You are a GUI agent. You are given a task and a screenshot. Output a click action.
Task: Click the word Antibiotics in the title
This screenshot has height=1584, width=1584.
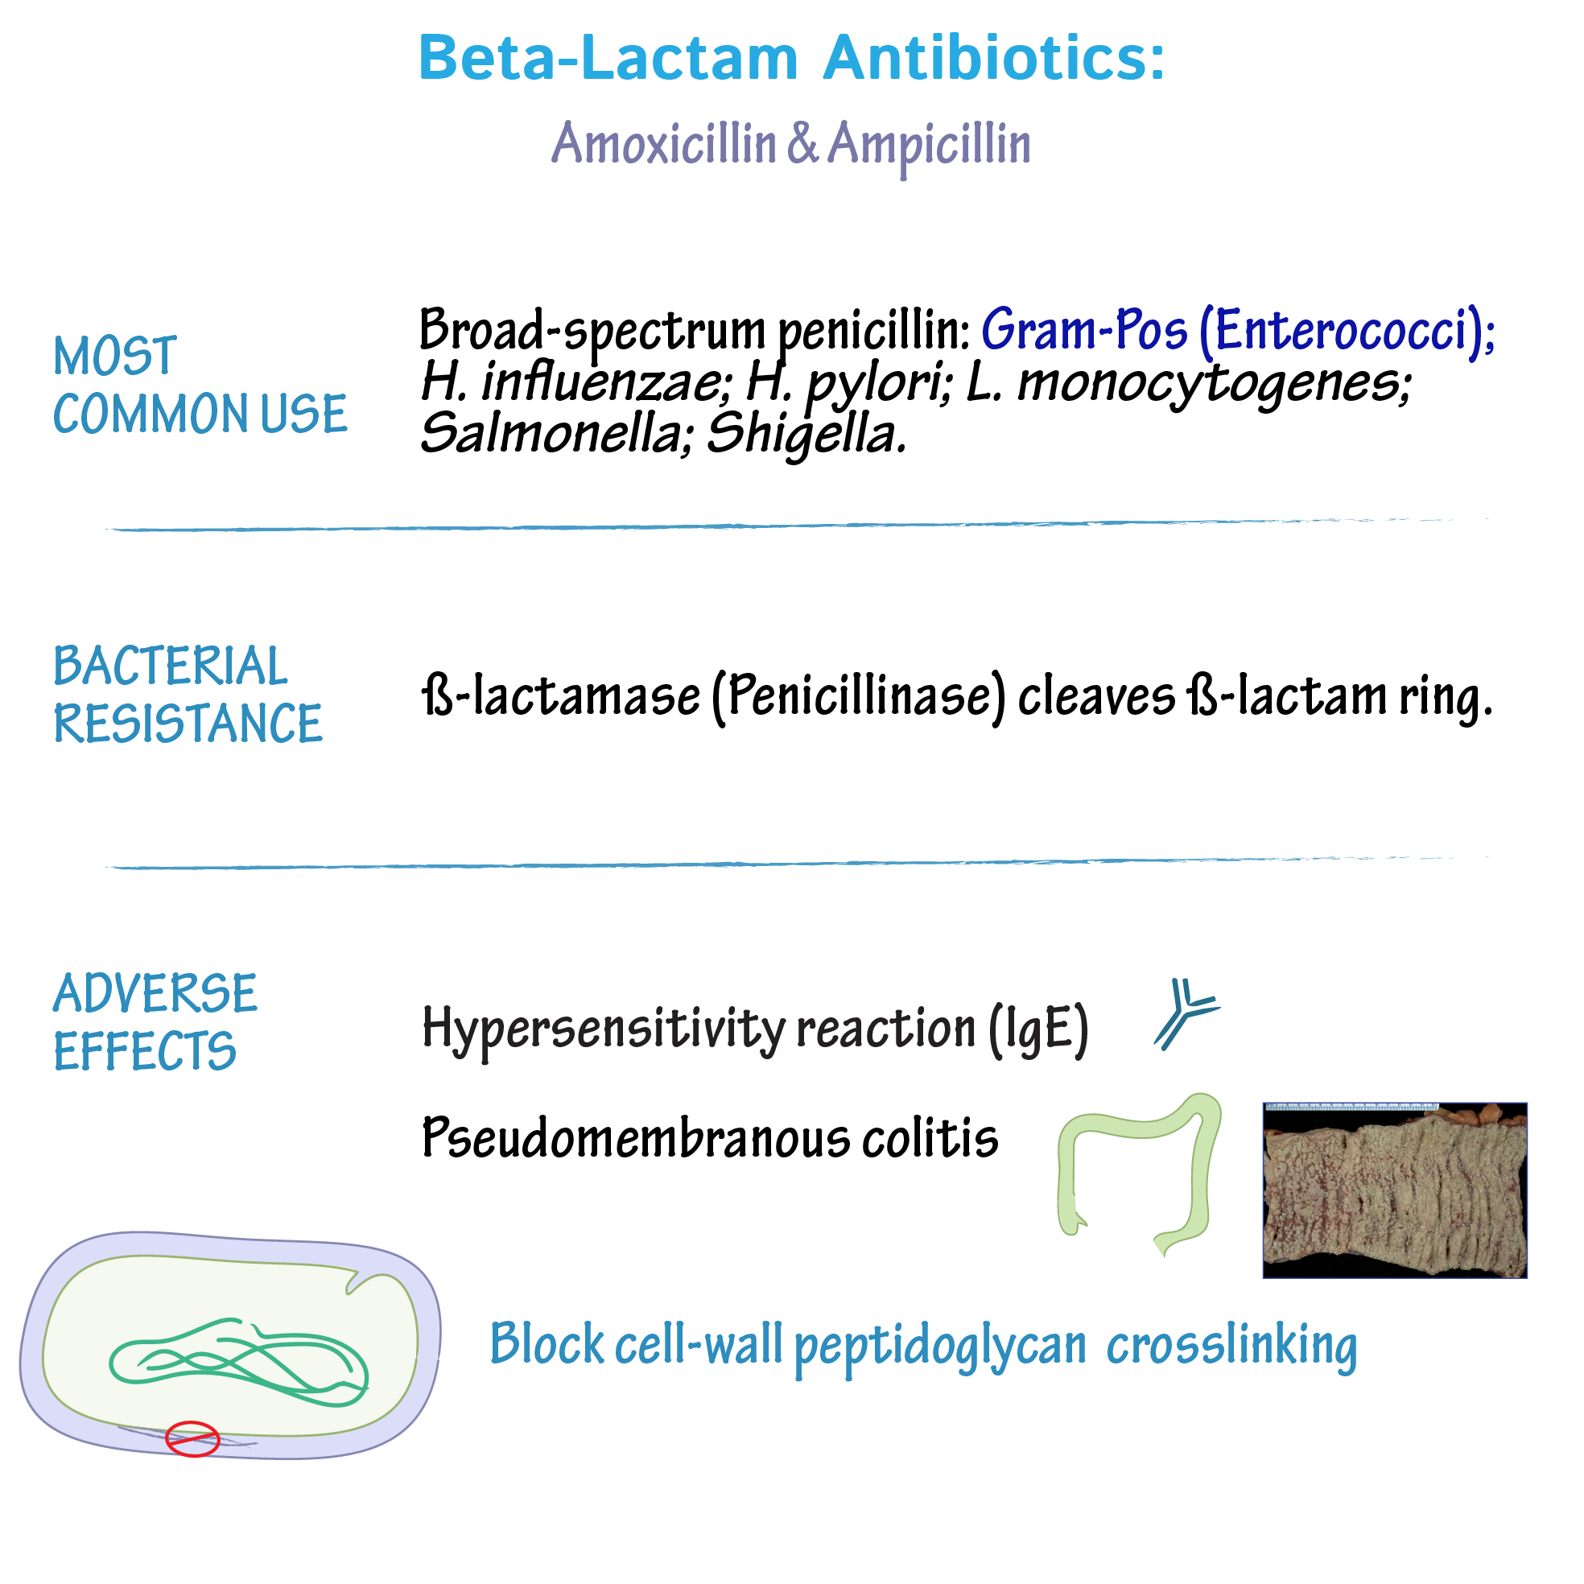(994, 58)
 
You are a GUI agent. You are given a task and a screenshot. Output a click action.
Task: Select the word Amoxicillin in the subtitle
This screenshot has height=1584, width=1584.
(664, 143)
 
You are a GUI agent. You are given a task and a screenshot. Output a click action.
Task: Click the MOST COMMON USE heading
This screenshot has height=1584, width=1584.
(200, 385)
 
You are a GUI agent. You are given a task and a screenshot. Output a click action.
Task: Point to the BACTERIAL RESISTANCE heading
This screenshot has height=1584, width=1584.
(188, 694)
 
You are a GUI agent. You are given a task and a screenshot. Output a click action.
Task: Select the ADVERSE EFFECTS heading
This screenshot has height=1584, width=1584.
(155, 1021)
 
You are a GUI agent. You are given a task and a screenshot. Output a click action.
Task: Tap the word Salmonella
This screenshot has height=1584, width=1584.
(551, 433)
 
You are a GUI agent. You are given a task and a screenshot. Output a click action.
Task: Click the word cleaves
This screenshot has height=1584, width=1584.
(1097, 697)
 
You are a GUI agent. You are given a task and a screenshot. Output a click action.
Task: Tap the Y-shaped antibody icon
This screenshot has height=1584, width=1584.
(1185, 1013)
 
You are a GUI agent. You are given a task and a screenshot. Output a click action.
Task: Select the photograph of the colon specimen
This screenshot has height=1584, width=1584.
(1395, 1190)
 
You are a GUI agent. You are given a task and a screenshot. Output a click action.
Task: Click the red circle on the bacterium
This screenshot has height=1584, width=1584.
(192, 1439)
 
